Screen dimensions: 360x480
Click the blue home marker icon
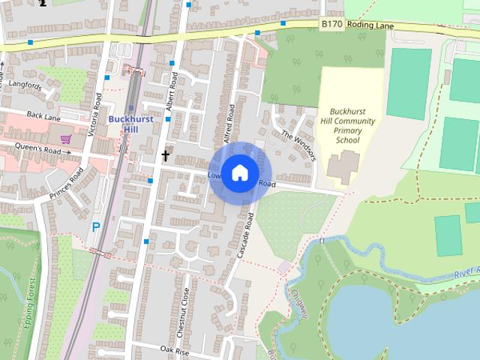(238, 172)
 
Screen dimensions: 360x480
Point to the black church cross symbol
(166, 156)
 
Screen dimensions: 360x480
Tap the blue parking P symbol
(96, 226)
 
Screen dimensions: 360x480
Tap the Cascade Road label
(246, 235)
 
